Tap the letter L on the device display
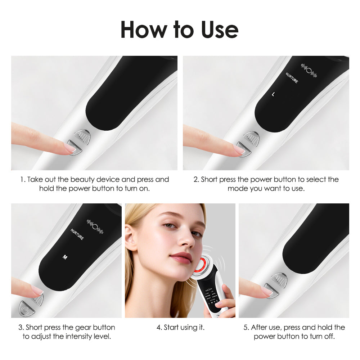click(x=273, y=94)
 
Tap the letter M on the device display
click(x=65, y=257)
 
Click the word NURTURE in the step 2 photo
click(x=292, y=78)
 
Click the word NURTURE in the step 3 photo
click(x=77, y=234)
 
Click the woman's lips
click(x=181, y=257)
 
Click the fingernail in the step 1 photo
click(x=69, y=147)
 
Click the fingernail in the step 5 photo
click(x=267, y=291)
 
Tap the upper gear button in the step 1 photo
click(x=82, y=136)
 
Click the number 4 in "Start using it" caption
click(x=159, y=328)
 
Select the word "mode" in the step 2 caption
click(x=236, y=188)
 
